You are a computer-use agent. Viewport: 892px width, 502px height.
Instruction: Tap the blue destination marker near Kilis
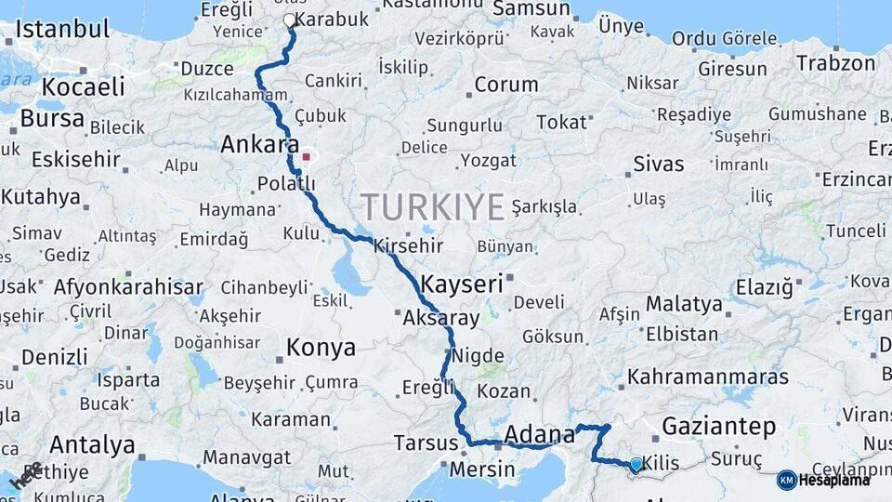[636, 464]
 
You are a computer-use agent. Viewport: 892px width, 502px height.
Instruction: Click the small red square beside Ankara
[306, 157]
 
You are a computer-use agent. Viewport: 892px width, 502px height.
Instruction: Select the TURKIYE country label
[432, 205]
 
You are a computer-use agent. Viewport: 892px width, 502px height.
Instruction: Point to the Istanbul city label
[62, 29]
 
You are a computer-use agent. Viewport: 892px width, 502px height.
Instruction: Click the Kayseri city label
[462, 284]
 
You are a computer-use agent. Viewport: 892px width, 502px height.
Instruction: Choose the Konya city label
[321, 348]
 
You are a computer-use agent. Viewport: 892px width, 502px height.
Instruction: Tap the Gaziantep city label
[718, 428]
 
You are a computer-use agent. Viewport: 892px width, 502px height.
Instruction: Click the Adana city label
[540, 434]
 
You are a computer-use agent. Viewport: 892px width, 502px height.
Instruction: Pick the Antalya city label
[92, 444]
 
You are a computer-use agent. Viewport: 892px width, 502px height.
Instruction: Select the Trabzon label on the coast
[835, 64]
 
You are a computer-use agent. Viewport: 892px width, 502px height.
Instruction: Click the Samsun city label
[531, 9]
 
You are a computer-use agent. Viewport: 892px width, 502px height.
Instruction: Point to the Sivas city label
[658, 165]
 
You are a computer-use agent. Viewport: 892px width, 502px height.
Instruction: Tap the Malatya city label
[684, 304]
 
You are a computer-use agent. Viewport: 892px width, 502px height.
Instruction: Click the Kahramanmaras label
[708, 377]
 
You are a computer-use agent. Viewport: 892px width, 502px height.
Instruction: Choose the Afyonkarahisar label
[128, 286]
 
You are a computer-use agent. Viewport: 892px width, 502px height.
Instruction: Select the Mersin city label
[482, 469]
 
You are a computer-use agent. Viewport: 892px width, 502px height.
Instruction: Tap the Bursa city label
[52, 118]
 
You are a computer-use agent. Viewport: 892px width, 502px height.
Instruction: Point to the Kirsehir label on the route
[408, 246]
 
